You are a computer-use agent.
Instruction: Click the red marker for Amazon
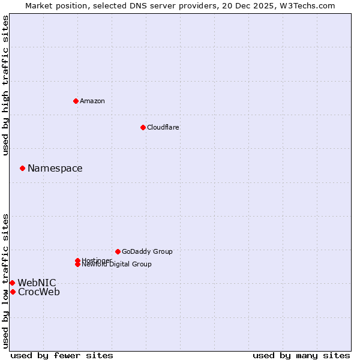tap(76, 101)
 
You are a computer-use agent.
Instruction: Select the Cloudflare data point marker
tap(143, 127)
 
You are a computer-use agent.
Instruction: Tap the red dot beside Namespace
tap(22, 168)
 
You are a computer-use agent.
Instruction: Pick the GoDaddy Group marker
tap(118, 251)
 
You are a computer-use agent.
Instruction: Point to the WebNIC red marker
tap(12, 283)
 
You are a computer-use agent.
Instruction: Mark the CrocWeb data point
tap(13, 292)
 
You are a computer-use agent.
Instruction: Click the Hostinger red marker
tap(77, 260)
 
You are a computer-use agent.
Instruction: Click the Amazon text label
tap(92, 101)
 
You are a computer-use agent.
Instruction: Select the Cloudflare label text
tap(163, 127)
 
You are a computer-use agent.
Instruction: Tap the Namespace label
tap(55, 169)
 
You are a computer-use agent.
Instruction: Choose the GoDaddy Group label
tap(147, 251)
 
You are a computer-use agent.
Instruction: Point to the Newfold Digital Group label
tap(117, 265)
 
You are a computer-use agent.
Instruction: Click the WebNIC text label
tap(37, 283)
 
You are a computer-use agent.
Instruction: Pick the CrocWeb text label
tap(39, 292)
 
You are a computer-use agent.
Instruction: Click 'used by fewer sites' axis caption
tap(62, 355)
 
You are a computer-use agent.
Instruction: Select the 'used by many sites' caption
tap(301, 355)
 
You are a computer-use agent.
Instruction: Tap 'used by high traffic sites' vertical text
tap(6, 85)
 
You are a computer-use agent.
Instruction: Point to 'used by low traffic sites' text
tap(6, 281)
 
